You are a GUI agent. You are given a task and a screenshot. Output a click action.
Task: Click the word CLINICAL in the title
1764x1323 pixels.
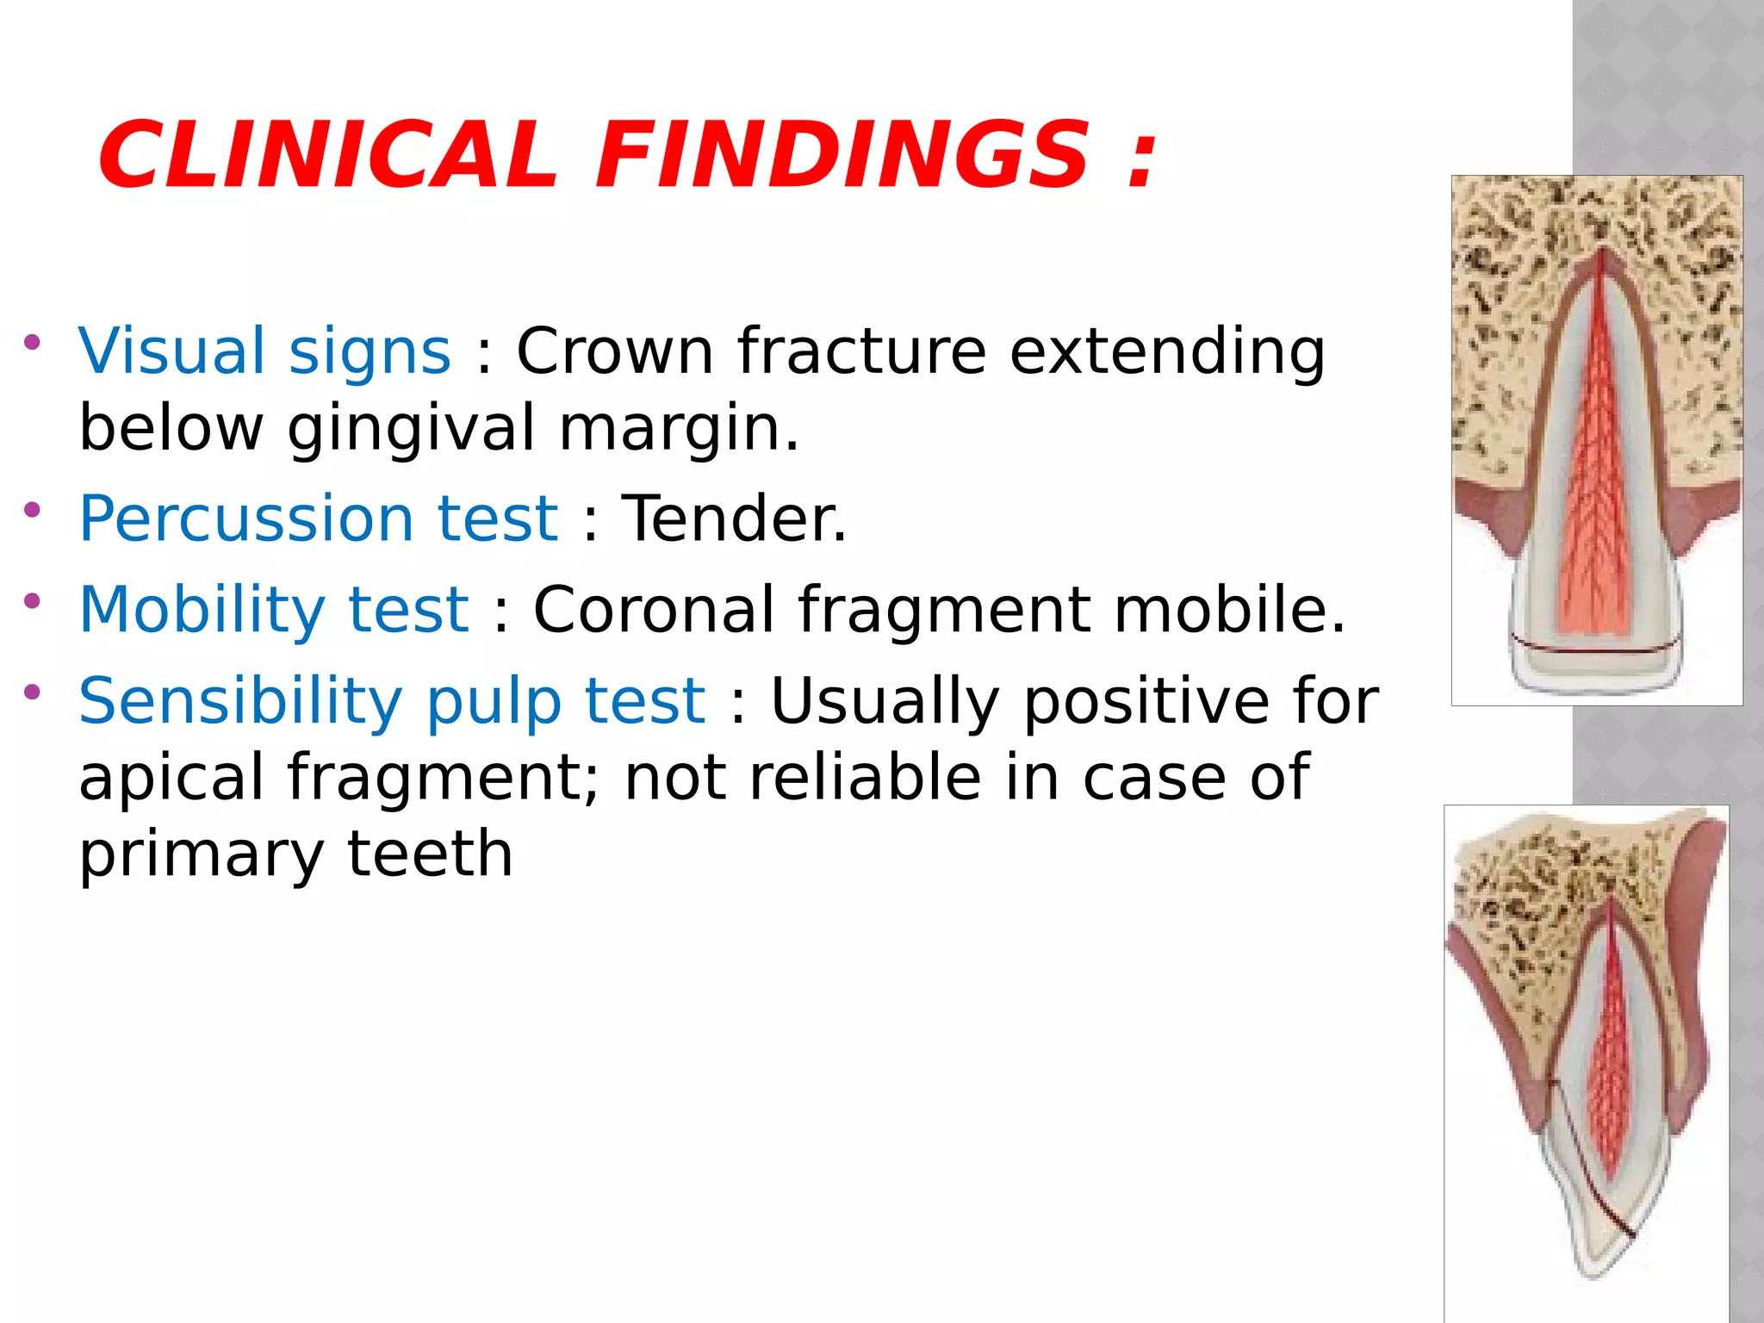coord(327,156)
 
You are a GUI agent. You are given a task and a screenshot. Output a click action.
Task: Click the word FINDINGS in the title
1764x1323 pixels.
coord(842,156)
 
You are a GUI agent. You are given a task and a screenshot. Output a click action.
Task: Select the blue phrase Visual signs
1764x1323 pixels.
coord(264,351)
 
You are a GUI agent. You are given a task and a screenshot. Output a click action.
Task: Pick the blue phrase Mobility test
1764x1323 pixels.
coord(274,610)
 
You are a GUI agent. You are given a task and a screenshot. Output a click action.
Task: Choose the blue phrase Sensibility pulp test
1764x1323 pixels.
coord(392,700)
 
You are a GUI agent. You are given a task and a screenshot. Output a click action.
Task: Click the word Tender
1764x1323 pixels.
coord(734,519)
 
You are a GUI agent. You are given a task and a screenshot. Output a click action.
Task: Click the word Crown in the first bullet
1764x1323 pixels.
coord(614,351)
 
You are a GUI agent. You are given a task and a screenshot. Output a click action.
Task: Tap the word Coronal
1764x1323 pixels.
coord(654,610)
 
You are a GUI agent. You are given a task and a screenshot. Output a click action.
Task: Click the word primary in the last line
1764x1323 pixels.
coord(201,854)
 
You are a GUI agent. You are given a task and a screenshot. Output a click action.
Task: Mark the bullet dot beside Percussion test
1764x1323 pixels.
coord(33,510)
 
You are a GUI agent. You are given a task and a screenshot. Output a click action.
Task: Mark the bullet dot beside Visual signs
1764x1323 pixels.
coord(33,342)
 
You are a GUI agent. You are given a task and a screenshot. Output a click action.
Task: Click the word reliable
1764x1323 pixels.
coord(865,778)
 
